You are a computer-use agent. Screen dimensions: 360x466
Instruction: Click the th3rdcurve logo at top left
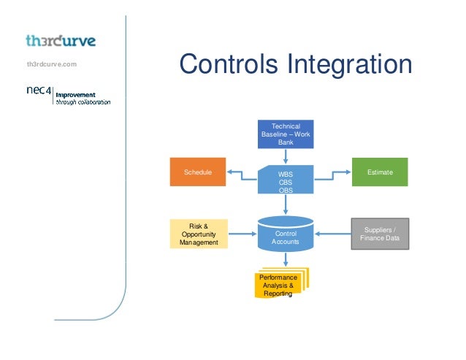click(61, 39)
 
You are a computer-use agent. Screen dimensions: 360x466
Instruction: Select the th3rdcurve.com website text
click(52, 65)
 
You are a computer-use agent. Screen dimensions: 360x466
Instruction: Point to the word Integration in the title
click(356, 64)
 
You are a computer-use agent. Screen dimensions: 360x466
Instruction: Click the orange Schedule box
click(198, 172)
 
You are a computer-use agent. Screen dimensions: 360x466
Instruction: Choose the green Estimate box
click(381, 172)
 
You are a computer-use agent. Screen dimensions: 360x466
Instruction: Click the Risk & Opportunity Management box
click(199, 234)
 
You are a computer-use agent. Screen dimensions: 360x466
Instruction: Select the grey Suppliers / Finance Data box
click(380, 234)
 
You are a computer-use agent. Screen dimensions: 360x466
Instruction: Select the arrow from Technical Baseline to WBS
click(286, 156)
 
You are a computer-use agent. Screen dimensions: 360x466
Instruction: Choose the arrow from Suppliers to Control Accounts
click(333, 234)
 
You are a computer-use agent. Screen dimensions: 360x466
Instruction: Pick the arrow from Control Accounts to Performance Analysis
click(286, 259)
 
